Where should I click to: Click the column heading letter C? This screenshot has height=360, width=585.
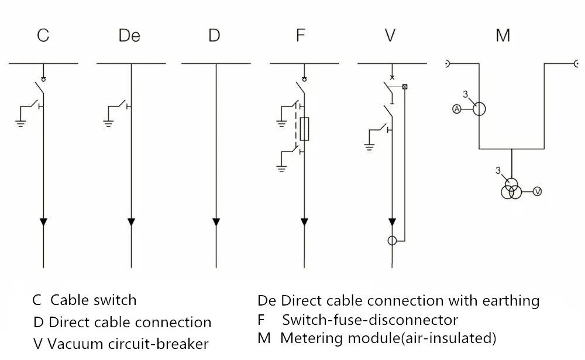[43, 36]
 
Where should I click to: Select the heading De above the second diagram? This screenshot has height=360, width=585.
[129, 36]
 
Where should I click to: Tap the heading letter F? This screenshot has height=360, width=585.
[300, 36]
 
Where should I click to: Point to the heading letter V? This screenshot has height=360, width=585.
[390, 36]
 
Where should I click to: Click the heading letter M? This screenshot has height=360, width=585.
[503, 36]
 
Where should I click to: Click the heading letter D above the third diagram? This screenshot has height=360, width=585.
[214, 36]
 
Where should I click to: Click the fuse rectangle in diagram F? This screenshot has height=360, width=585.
[304, 129]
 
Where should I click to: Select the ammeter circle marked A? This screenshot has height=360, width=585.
[457, 109]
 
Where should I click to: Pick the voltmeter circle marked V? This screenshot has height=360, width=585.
[537, 191]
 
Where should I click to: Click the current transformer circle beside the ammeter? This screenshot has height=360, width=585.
[479, 108]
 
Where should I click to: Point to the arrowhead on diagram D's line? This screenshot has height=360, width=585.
[216, 222]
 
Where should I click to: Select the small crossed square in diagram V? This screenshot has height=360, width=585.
[405, 87]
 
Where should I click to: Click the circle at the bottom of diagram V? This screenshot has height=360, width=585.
[392, 241]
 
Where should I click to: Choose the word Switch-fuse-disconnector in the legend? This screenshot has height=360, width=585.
[370, 320]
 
